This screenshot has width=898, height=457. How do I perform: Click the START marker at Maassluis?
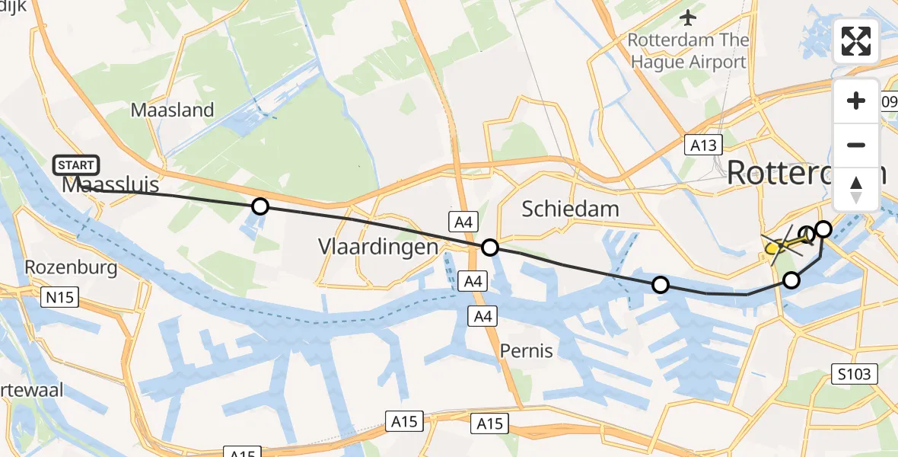(x=76, y=165)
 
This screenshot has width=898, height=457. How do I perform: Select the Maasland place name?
(x=172, y=110)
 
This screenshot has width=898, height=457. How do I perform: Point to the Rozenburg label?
(x=71, y=267)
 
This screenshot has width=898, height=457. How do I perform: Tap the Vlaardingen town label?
(x=378, y=247)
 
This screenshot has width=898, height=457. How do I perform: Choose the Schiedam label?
(x=570, y=209)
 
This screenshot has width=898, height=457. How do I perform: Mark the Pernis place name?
(x=526, y=351)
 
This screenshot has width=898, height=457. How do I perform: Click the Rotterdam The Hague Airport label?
(x=688, y=50)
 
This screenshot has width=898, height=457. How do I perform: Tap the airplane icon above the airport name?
(x=689, y=17)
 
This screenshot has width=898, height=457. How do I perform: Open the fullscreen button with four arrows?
(x=856, y=41)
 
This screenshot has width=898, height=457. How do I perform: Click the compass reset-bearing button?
(x=856, y=189)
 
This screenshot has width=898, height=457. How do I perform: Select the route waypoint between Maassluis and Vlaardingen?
(x=260, y=206)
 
